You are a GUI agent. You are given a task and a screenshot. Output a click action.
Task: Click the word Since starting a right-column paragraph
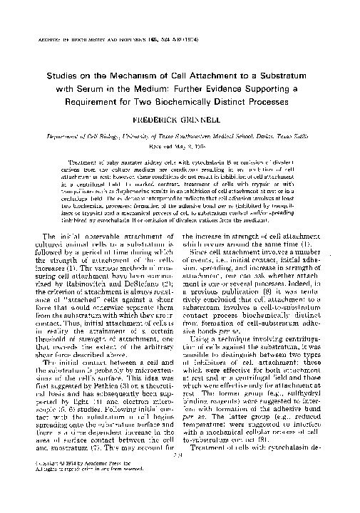point(202,271)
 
